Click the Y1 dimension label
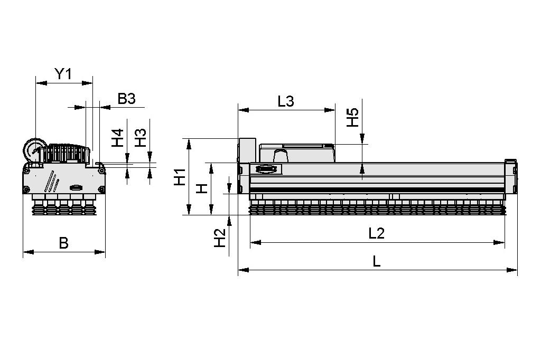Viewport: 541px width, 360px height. pos(63,74)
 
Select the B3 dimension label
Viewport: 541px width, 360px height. pos(126,99)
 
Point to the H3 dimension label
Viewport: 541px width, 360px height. pos(140,138)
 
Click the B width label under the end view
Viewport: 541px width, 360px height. pos(63,243)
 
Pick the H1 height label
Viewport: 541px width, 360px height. pos(180,177)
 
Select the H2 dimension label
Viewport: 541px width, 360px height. pos(219,238)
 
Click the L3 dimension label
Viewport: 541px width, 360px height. pos(285,102)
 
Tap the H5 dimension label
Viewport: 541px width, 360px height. pos(352,117)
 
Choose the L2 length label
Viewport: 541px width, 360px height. pos(376,233)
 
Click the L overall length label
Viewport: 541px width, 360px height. pos(376,261)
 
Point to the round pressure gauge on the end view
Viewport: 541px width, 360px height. pos(34,150)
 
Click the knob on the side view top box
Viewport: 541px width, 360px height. pos(281,156)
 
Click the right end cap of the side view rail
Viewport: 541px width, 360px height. pos(510,177)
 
